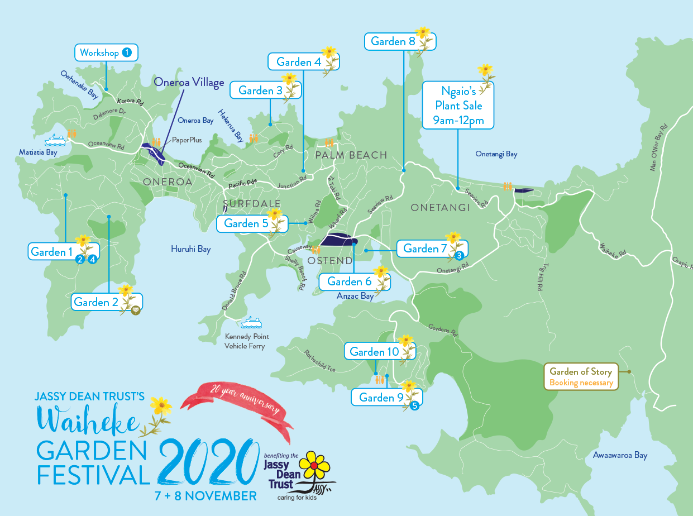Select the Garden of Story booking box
pyautogui.click(x=581, y=377)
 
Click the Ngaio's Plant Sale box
pyautogui.click(x=458, y=106)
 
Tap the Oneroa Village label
pyautogui.click(x=189, y=83)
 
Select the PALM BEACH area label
pyautogui.click(x=351, y=155)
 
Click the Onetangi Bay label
pyautogui.click(x=496, y=154)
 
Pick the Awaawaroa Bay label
pyautogui.click(x=620, y=455)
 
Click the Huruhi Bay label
pyautogui.click(x=190, y=249)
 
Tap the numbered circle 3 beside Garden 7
pyautogui.click(x=459, y=256)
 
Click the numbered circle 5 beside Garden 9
pyautogui.click(x=414, y=406)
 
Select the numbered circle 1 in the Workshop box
pyautogui.click(x=127, y=53)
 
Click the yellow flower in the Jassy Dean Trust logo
pyautogui.click(x=315, y=465)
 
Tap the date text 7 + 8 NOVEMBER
pyautogui.click(x=206, y=495)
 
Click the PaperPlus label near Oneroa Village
pyautogui.click(x=187, y=140)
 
